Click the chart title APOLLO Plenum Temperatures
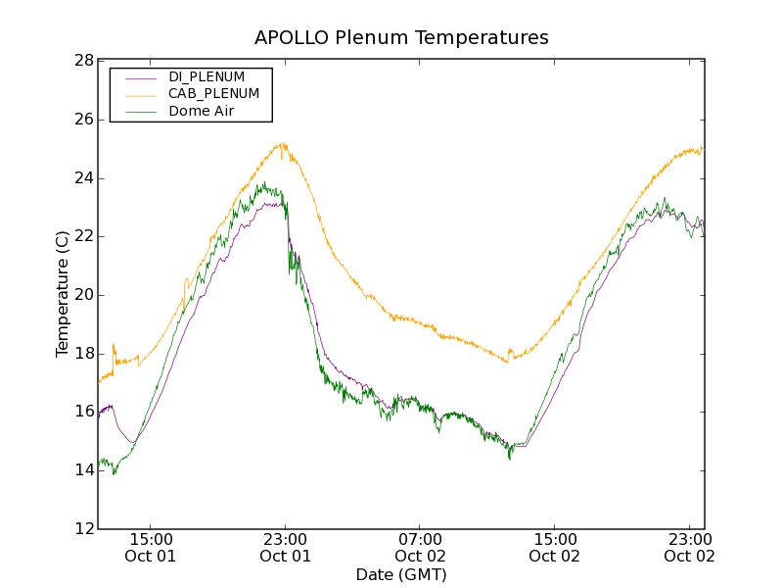click(x=401, y=38)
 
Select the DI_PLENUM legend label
click(x=207, y=76)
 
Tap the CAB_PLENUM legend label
click(x=213, y=93)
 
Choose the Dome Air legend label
click(x=202, y=111)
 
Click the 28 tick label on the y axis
click(x=83, y=61)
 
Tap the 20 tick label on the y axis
click(x=83, y=295)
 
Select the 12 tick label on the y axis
click(x=83, y=529)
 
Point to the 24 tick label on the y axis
click(x=83, y=178)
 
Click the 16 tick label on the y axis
click(x=83, y=413)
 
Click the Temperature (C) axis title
click(x=63, y=294)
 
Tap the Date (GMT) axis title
click(x=401, y=574)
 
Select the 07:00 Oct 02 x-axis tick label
click(x=420, y=547)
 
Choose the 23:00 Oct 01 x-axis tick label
click(x=285, y=547)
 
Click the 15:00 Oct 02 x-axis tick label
click(x=555, y=547)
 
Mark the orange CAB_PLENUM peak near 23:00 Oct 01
click(x=283, y=144)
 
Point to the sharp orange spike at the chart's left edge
click(x=114, y=345)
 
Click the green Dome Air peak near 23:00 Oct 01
click(x=262, y=183)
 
